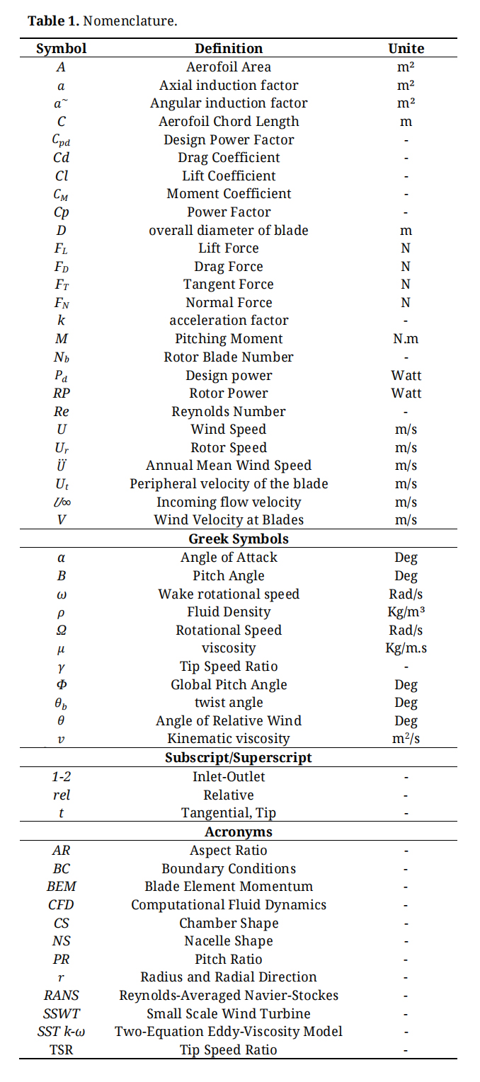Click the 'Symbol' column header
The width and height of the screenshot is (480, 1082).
pyautogui.click(x=62, y=49)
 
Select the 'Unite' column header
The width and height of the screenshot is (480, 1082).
pyautogui.click(x=406, y=49)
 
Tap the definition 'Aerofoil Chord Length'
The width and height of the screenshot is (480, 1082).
pyautogui.click(x=229, y=121)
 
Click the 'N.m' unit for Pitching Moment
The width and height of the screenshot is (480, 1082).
pyautogui.click(x=406, y=339)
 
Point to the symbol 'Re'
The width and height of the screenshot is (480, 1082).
pyautogui.click(x=62, y=411)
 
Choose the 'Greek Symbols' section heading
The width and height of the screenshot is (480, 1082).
pyautogui.click(x=229, y=539)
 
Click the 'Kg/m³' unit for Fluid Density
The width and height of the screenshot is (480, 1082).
pyautogui.click(x=406, y=611)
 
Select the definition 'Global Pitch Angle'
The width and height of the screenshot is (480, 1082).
pyautogui.click(x=229, y=684)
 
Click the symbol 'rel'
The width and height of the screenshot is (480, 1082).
pyautogui.click(x=62, y=795)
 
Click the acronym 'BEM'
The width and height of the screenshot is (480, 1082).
pyautogui.click(x=62, y=886)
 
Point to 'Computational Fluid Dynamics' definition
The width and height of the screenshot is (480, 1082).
pyautogui.click(x=229, y=904)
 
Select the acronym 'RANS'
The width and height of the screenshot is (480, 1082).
pyautogui.click(x=62, y=995)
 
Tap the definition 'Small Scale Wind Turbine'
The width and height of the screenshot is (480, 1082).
pyautogui.click(x=229, y=1013)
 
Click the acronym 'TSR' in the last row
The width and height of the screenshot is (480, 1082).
pyautogui.click(x=62, y=1049)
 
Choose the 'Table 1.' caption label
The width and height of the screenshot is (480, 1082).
pyautogui.click(x=53, y=21)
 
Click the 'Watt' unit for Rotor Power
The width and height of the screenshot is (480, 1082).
pyautogui.click(x=406, y=393)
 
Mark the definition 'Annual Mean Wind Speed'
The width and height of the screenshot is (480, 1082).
pyautogui.click(x=229, y=466)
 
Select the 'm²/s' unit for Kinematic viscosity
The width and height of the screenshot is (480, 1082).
pyautogui.click(x=406, y=739)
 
